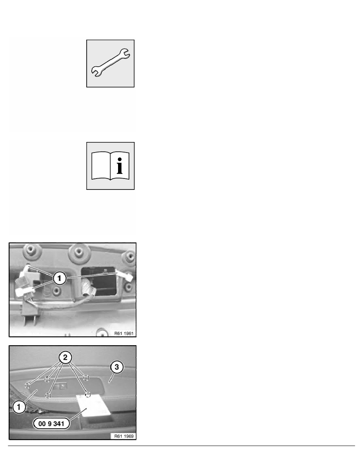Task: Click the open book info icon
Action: [111, 166]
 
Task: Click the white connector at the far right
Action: [129, 276]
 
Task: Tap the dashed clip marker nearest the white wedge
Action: [88, 393]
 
